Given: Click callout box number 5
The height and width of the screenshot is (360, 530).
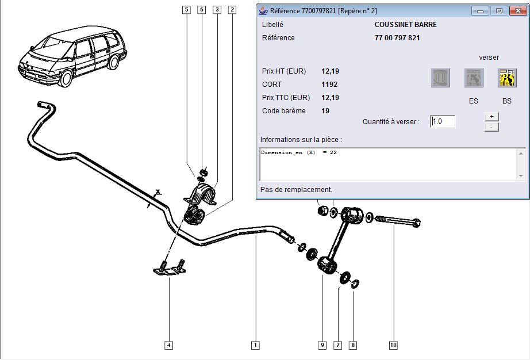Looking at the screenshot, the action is [x=186, y=10].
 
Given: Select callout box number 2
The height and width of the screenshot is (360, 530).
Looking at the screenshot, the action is [x=232, y=10].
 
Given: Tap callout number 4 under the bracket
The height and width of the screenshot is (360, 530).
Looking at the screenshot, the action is [x=168, y=345].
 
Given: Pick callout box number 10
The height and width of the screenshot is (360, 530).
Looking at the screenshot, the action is [x=393, y=345].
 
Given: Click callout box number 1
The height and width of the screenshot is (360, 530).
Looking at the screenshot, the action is [x=255, y=345].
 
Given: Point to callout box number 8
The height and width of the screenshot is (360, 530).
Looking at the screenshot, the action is [x=353, y=345].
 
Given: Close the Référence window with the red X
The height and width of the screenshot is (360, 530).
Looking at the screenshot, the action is [x=517, y=11].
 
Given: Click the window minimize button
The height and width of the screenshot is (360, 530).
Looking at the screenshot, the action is [x=480, y=11].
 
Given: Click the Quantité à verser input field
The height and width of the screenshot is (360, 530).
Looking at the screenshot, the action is [x=443, y=121].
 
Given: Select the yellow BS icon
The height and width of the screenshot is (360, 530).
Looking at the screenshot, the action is [x=507, y=78].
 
